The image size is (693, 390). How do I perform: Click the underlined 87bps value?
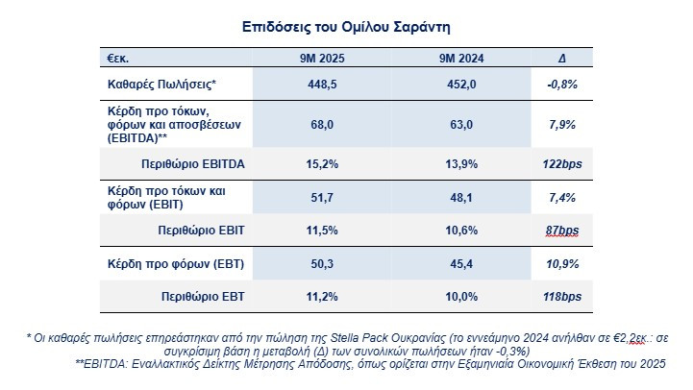pos(561,231)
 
